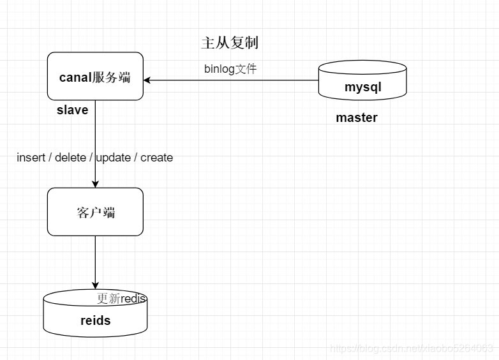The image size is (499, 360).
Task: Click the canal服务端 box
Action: coord(95,77)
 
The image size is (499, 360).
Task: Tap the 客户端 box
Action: coord(95,212)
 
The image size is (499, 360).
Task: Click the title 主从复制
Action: coord(230,43)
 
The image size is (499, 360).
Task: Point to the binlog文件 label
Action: coord(230,69)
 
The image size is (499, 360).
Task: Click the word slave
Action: coord(72,110)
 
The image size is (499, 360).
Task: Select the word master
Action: coord(357,117)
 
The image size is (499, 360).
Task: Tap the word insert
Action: coord(31,157)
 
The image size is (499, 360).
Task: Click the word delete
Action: coord(70,157)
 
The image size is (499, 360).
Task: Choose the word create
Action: coord(156,157)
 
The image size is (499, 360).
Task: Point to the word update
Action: coord(113,157)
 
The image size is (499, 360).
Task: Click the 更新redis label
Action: coord(122,299)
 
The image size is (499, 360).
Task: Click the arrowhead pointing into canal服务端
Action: coord(147,80)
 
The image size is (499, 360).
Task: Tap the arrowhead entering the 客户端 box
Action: coord(95,184)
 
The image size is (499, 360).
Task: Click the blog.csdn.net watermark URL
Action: coord(412,348)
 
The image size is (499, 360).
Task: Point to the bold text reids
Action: coord(95,320)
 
